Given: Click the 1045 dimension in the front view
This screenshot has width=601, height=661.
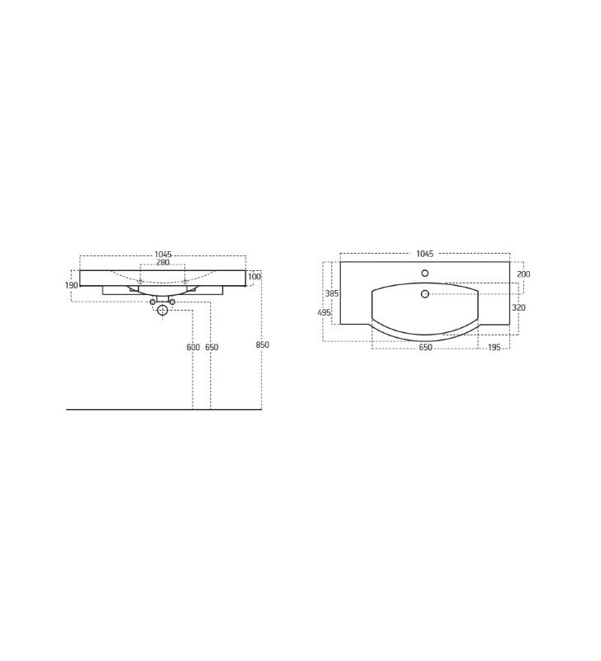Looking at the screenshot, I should point(163,254).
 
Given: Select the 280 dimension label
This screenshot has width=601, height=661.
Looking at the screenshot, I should point(163,263).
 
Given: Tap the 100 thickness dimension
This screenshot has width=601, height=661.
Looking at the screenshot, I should point(254,277).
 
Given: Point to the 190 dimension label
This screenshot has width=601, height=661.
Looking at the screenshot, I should point(71,286).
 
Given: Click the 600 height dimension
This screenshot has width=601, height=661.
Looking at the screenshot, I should point(193,348).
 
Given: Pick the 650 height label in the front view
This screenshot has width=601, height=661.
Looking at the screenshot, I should point(212,348).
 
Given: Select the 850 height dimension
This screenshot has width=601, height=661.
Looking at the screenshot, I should point(262,345).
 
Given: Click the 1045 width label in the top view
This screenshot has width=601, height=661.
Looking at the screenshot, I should point(425,254).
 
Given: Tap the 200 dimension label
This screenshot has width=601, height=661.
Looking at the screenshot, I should point(523,274).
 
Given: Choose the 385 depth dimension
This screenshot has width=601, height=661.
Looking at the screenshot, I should point(332,293).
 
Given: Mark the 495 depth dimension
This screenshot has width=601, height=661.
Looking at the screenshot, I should point(324,313).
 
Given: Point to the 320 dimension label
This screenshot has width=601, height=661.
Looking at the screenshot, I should point(518,308).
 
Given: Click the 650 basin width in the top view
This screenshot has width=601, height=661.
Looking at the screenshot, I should point(425,348).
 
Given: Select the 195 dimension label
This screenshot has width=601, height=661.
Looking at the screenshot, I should point(494,348).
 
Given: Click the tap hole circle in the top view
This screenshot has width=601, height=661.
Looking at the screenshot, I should point(425,273).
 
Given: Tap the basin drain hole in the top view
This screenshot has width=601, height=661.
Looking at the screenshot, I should point(425,294).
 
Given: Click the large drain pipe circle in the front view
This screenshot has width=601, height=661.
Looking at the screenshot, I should point(162,310).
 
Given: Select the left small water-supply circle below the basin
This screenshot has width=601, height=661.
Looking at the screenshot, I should point(152,302).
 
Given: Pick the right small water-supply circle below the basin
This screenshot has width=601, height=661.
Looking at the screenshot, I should point(172,302).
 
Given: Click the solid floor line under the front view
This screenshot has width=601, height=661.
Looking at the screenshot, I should point(124,409).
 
